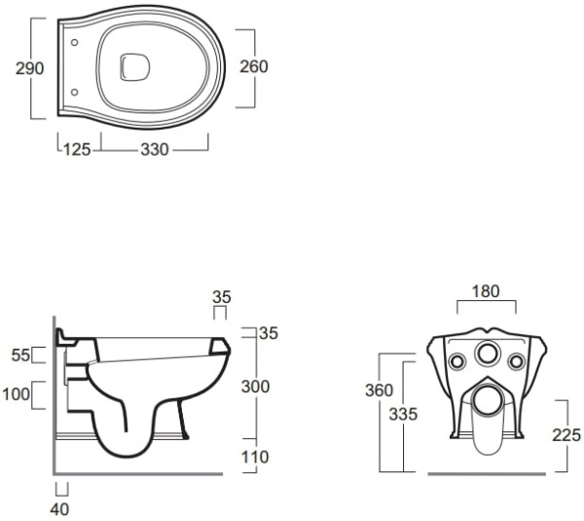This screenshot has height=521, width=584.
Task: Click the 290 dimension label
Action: tap(17, 69)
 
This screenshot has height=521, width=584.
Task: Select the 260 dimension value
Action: tap(254, 67)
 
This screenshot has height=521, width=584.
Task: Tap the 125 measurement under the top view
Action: tap(79, 150)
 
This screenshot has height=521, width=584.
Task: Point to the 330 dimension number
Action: tap(155, 150)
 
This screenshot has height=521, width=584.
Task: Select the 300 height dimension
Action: tap(255, 387)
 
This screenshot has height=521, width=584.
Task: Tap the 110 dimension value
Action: tap(255, 456)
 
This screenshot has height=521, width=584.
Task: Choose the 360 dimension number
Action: tap(377, 391)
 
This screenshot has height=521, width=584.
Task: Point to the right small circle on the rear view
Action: tap(517, 362)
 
